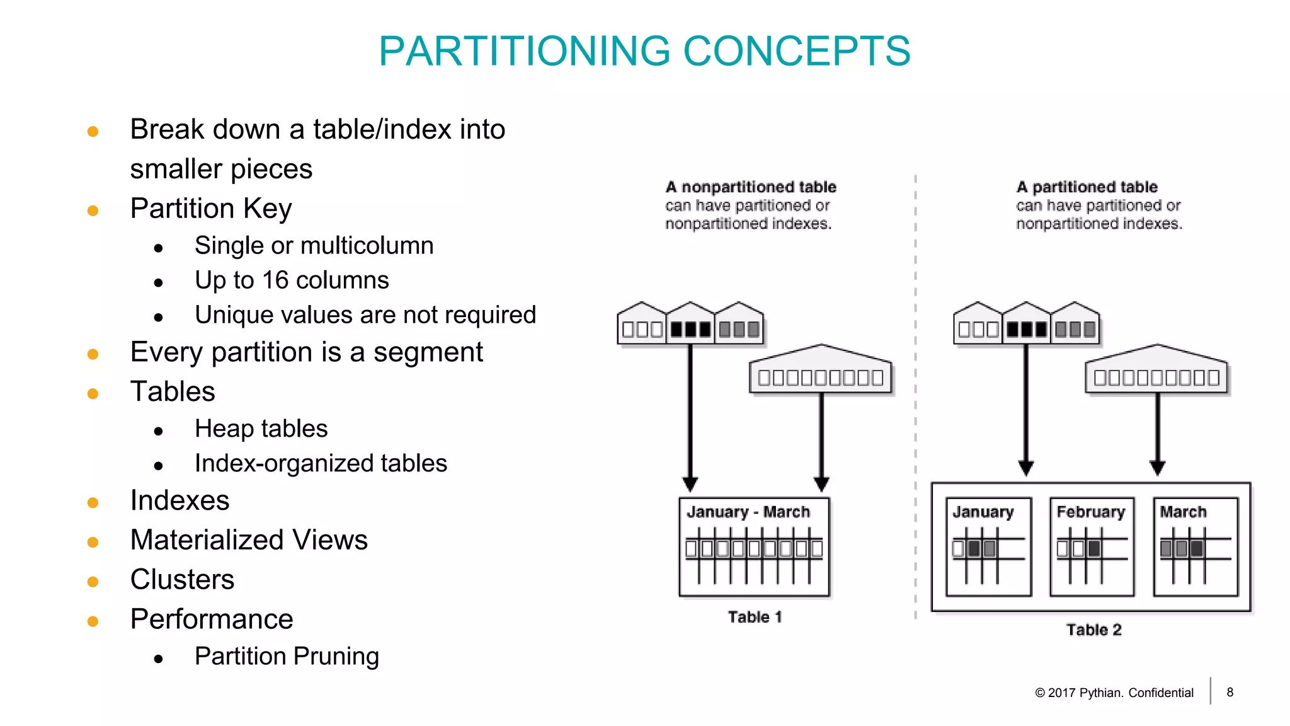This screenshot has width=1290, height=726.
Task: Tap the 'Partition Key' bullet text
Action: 211,209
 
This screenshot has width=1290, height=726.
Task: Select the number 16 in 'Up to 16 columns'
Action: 275,280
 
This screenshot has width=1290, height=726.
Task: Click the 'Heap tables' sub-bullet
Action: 261,429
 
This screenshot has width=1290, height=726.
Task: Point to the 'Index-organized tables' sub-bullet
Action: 321,463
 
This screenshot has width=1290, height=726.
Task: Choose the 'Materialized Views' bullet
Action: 249,540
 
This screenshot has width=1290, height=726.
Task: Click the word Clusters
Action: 182,580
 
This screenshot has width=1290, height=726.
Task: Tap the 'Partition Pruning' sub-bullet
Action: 287,656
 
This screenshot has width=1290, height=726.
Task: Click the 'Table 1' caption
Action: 755,617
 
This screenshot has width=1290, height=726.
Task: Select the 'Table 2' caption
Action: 1093,630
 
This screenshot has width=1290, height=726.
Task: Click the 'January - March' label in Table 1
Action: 748,512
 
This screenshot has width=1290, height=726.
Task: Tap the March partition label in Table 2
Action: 1183,512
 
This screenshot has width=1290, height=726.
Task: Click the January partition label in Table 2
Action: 983,512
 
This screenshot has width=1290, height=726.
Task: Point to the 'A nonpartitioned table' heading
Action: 751,187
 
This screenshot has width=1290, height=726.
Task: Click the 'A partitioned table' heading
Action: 1087,187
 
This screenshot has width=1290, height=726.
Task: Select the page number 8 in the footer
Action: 1230,692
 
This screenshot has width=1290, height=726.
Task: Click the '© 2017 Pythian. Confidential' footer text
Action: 1114,693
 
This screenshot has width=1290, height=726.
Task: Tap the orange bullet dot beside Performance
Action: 93,621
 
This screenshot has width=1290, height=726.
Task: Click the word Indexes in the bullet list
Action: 180,500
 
